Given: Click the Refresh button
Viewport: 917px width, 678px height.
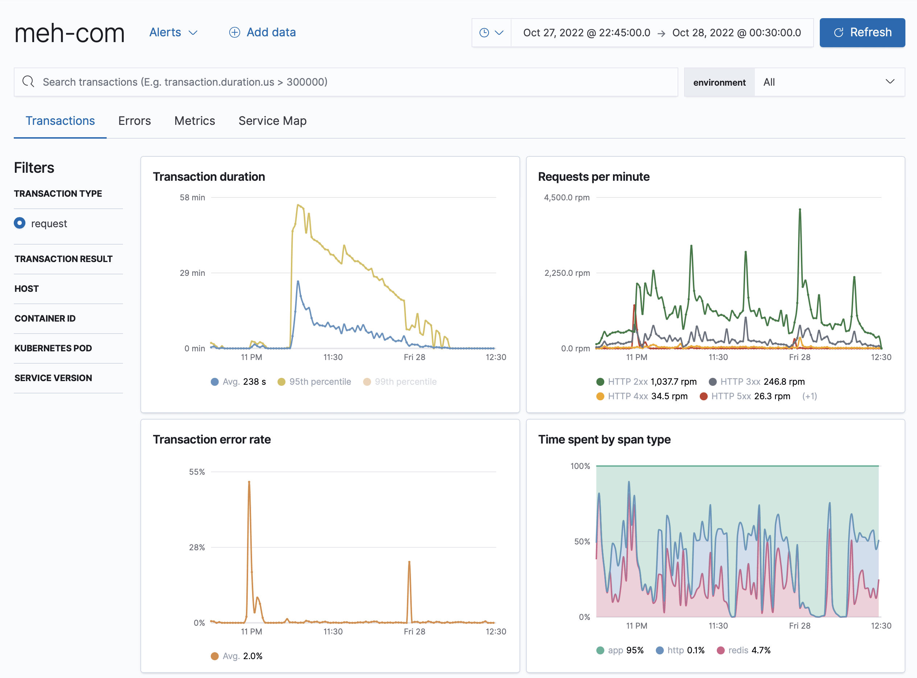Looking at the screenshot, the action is tap(862, 32).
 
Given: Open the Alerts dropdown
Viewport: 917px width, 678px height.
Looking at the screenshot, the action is tap(173, 32).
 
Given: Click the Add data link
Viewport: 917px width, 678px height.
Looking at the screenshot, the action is tap(263, 32).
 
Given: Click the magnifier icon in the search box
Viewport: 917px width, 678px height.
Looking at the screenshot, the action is tap(28, 82).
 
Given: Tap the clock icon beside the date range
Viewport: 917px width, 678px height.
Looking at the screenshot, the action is tap(484, 33).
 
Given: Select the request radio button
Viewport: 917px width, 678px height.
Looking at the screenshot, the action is tap(20, 223).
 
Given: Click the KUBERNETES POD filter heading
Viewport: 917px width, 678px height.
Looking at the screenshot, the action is tap(53, 348).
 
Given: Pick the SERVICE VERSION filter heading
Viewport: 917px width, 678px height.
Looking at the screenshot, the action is tap(53, 378).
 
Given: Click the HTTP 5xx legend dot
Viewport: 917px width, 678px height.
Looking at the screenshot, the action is tap(704, 396).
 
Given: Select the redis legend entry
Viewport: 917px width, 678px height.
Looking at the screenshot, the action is tap(744, 650).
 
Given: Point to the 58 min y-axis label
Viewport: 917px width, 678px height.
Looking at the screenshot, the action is tap(192, 197).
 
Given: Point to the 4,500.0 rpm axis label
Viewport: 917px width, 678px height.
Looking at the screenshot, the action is tap(567, 197).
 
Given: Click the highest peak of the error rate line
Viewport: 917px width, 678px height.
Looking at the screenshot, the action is tap(249, 482).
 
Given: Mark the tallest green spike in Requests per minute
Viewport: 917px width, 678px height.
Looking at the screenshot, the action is tap(800, 210).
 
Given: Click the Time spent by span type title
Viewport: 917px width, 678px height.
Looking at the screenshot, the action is tap(604, 440).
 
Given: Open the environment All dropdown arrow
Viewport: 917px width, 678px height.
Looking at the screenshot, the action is tap(889, 82).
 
